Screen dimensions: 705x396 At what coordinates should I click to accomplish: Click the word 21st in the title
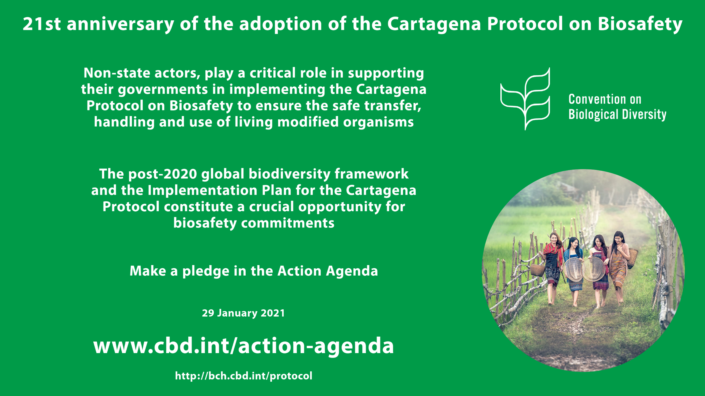pyautogui.click(x=42, y=24)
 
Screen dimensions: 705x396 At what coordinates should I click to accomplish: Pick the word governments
pyautogui.click(x=163, y=90)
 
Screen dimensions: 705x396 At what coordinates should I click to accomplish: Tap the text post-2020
pyautogui.click(x=163, y=174)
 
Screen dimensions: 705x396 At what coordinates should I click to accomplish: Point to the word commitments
pyautogui.click(x=288, y=223)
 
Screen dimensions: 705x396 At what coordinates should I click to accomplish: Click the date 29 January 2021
pyautogui.click(x=243, y=313)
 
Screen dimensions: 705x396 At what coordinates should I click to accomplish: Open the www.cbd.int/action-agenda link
pyautogui.click(x=244, y=346)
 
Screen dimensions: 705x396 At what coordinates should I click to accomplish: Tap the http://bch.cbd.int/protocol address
pyautogui.click(x=244, y=376)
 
